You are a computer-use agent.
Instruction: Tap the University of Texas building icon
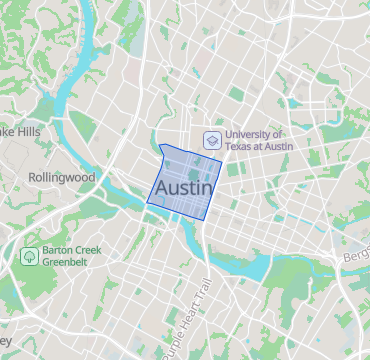click(211, 140)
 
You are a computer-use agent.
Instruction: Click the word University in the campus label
click(253, 134)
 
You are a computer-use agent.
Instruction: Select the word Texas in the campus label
click(241, 147)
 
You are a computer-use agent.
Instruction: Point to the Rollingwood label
click(61, 177)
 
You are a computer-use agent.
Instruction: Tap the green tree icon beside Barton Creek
click(30, 256)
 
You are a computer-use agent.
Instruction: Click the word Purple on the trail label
click(169, 343)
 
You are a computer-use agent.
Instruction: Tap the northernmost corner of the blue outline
click(161, 145)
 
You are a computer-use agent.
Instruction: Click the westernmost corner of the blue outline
click(147, 202)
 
